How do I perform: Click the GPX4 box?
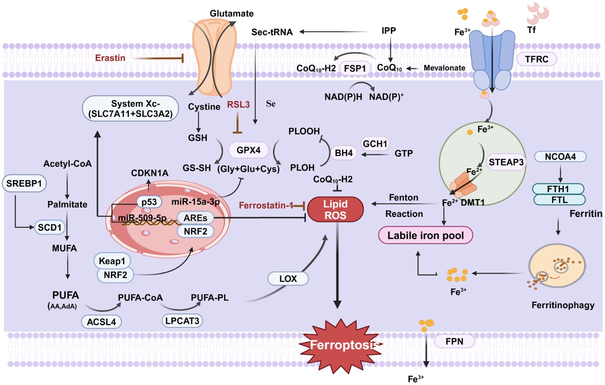[248, 150]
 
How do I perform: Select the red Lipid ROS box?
[335, 210]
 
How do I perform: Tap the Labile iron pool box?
[425, 235]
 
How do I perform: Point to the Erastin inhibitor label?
[110, 58]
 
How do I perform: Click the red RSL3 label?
[238, 104]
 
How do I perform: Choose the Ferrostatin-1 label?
[266, 205]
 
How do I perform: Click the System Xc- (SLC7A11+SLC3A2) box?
[130, 109]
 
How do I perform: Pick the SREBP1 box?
[24, 183]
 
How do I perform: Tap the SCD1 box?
[50, 227]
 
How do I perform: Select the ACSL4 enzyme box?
[101, 322]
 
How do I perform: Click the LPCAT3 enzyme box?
[182, 321]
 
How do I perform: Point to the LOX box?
[288, 279]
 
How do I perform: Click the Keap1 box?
[112, 261]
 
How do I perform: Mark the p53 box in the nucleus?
[149, 202]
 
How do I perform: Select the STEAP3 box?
[506, 162]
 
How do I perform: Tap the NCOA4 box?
[560, 157]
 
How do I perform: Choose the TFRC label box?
[537, 59]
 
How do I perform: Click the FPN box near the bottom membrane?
[454, 342]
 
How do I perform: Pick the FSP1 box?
[355, 68]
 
